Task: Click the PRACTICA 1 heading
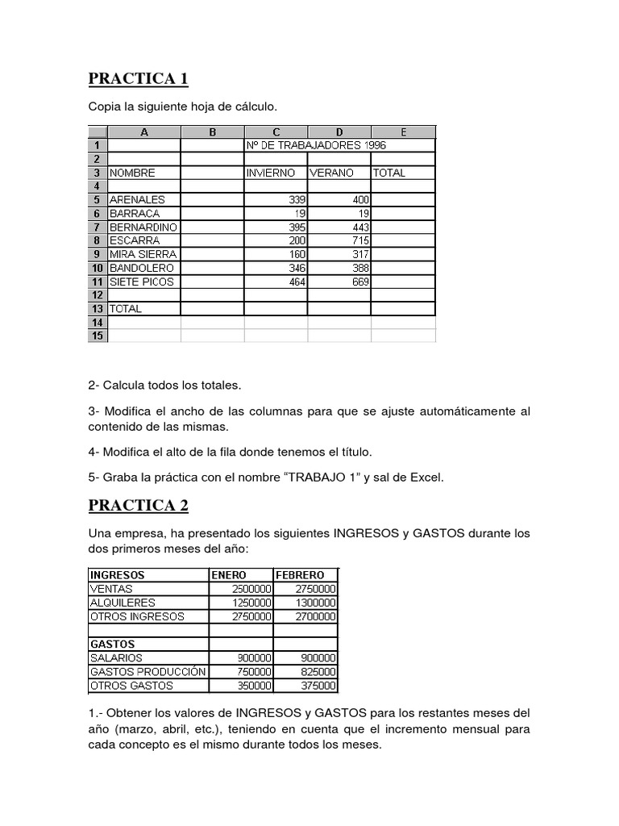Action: [x=138, y=79]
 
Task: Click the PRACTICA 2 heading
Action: [x=138, y=506]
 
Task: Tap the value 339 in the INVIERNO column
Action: [x=297, y=200]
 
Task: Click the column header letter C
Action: [x=276, y=132]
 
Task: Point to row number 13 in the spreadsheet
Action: [x=97, y=309]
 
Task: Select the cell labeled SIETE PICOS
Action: [x=142, y=282]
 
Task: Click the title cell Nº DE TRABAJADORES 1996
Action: [x=316, y=146]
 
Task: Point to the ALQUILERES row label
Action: [x=123, y=603]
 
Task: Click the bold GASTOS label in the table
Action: [x=112, y=645]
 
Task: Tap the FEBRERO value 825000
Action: [x=317, y=672]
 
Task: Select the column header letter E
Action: [x=403, y=132]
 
